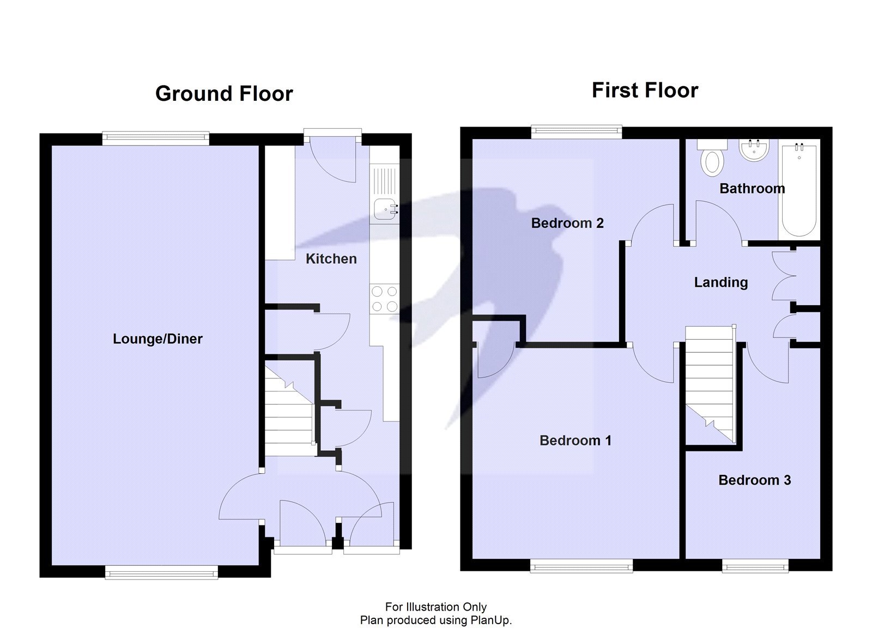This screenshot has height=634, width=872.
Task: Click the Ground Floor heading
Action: [224, 94]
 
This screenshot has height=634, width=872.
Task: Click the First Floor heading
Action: [645, 90]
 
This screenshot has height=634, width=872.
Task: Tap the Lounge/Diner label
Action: [158, 339]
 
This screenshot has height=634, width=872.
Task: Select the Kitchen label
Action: [331, 259]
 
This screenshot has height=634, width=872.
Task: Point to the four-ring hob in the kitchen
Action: [384, 299]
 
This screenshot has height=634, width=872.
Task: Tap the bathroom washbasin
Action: [754, 150]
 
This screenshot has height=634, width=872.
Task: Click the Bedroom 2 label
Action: [567, 223]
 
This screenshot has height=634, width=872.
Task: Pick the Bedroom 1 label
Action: [575, 440]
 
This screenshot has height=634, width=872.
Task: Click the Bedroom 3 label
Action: [754, 480]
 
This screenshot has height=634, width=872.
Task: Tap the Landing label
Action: [720, 282]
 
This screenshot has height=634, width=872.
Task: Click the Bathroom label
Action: [752, 189]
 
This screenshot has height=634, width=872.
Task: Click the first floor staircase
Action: [710, 382]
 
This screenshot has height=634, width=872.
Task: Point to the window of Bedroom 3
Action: [755, 567]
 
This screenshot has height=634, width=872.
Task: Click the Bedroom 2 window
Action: [576, 130]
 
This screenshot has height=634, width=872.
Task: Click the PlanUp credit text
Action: [435, 620]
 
